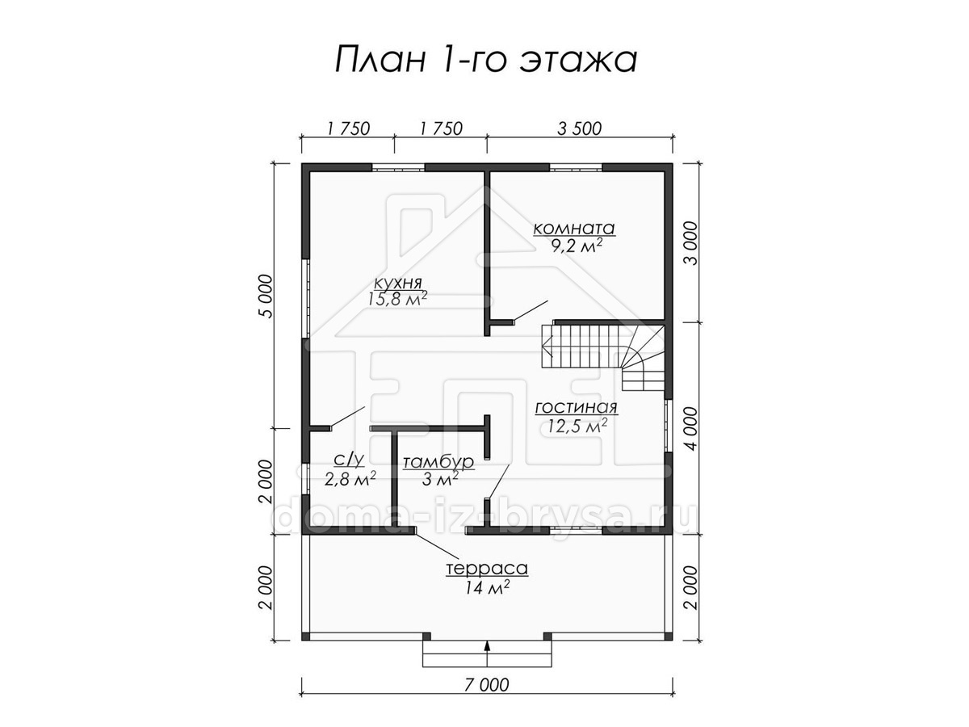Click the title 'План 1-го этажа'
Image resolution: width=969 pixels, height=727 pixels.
[485, 60]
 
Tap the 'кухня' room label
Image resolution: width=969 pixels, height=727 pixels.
[398, 282]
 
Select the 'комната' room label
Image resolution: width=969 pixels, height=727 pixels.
[574, 229]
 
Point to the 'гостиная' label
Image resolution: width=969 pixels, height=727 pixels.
[576, 408]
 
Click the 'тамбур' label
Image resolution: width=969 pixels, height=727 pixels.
[438, 462]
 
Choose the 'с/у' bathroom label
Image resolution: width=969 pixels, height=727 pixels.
[349, 460]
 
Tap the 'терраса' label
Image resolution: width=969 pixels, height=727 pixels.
[487, 569]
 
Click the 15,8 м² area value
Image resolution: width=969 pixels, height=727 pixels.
[397, 299]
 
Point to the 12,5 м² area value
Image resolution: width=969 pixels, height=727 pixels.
[577, 426]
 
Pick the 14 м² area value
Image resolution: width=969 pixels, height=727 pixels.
[488, 587]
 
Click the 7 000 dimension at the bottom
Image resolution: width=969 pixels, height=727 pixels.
[487, 685]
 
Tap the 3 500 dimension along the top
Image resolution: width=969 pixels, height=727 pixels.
[579, 128]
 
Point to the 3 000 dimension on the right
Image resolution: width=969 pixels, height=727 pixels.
[692, 243]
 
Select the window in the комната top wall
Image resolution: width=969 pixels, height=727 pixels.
[576, 167]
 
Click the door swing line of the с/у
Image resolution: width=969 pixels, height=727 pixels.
[347, 417]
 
